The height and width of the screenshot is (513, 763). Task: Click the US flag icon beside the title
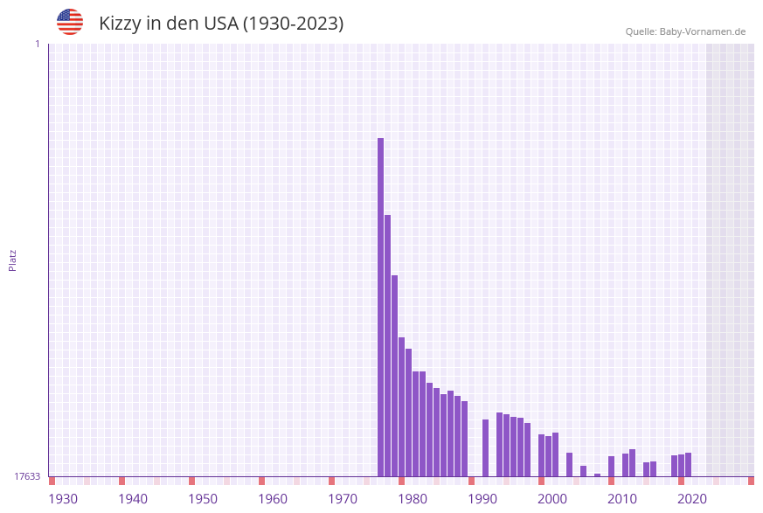[70, 22]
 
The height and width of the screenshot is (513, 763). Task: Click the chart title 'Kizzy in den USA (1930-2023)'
[221, 24]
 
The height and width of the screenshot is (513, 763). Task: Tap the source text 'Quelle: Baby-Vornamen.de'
[685, 31]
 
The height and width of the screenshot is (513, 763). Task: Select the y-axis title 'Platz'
[13, 260]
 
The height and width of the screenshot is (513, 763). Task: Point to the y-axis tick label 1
[37, 44]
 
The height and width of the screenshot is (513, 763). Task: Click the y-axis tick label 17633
[27, 476]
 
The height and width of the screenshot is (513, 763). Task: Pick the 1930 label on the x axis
[63, 499]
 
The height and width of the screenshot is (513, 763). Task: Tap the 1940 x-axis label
[133, 499]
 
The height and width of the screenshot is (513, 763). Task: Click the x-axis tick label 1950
[203, 499]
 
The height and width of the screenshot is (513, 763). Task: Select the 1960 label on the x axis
[273, 499]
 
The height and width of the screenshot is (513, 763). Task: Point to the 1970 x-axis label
[343, 499]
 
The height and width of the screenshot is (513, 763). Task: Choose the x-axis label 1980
[413, 499]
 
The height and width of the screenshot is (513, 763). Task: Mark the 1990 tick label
[482, 499]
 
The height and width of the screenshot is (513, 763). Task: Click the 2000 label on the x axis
[552, 499]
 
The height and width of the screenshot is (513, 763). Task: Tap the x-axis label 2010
[622, 499]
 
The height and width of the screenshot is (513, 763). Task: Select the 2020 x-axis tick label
[692, 499]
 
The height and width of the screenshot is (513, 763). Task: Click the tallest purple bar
[380, 306]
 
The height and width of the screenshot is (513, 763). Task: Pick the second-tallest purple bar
[387, 345]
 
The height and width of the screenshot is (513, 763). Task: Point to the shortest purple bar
[597, 475]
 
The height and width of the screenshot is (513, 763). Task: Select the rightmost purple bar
[688, 465]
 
